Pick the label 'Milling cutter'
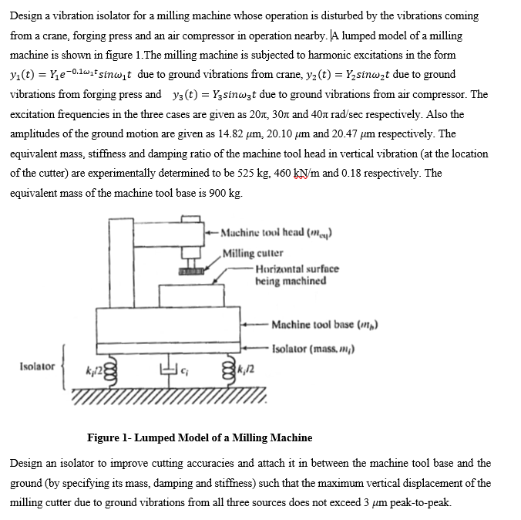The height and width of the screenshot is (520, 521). coord(252,253)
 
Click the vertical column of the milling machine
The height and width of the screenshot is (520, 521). coord(122,262)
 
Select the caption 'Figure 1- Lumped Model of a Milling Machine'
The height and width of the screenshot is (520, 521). coord(200,437)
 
